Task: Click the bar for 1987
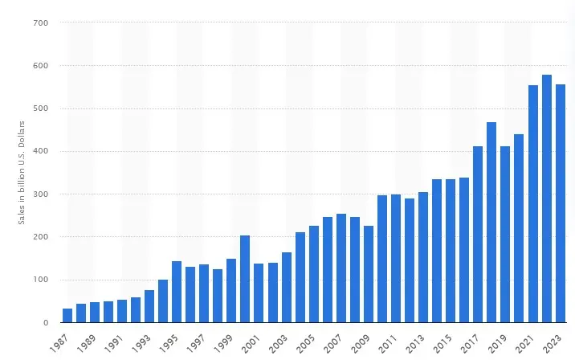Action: point(67,315)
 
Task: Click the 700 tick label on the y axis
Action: point(42,22)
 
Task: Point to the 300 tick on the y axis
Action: point(42,194)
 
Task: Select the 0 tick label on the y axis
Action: point(47,323)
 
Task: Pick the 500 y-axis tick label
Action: point(42,108)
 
